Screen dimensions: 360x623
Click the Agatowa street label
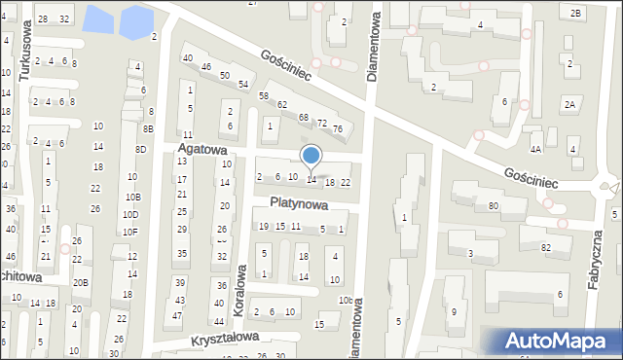point(202,150)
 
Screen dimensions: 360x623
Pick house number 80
point(494,206)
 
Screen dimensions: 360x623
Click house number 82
point(545,248)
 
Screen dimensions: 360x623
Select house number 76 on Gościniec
point(337,129)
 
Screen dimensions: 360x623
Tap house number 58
point(263,95)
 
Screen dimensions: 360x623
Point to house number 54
point(242,85)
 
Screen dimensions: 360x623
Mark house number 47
point(177,316)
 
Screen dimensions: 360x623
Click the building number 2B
point(575,13)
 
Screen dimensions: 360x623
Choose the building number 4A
point(535,150)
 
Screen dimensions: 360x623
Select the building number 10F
point(130,232)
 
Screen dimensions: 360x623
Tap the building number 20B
point(81,283)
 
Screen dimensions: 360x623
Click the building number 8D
point(141,149)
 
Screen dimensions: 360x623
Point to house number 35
point(182,254)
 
